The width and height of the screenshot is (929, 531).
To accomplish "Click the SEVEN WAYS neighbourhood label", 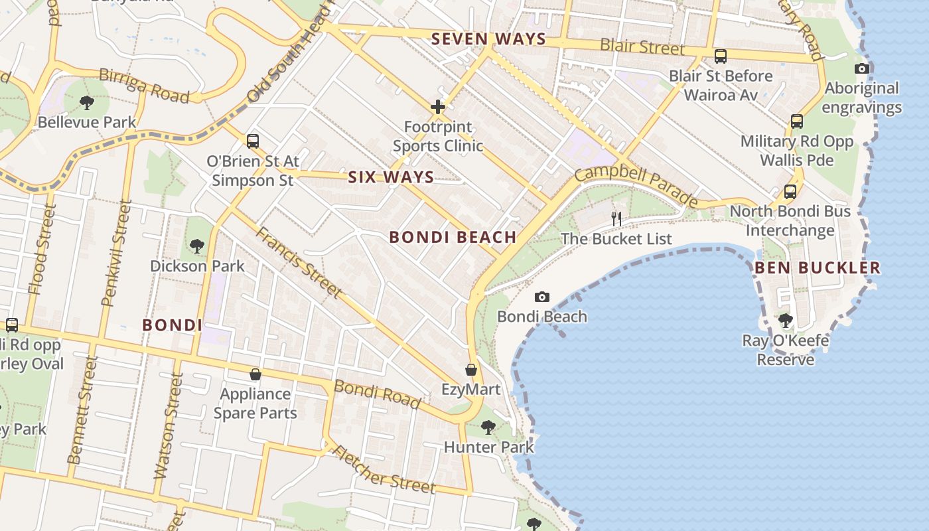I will pos(488,39).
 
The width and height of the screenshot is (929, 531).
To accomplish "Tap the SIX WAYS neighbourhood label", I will pos(391,177).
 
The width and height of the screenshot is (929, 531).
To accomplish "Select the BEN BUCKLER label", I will pos(818,267).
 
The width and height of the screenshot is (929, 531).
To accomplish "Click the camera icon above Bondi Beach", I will pos(542,297).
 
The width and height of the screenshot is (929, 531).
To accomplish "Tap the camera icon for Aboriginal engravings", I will pos(862,68).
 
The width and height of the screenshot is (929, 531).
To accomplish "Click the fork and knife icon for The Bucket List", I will pos(616,218).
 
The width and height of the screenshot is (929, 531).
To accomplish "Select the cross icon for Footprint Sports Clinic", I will pos(438,106).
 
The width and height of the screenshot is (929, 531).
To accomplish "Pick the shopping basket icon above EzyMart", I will pos(471,370).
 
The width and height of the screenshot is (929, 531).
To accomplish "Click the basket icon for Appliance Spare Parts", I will pos(255,374).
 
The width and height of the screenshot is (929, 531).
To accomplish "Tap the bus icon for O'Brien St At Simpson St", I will pos(252,141).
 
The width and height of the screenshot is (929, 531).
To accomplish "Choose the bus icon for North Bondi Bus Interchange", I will pos(790,191).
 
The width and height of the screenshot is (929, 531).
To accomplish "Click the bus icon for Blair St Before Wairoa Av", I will pos(721,56).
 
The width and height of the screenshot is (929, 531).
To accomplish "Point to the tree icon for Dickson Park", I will pos(197,246).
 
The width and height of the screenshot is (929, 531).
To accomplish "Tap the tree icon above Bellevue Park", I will pos(86,102).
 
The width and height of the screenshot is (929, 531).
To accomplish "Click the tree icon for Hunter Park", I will pos(488,427).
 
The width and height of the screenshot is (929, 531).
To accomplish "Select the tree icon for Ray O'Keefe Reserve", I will pos(786,321).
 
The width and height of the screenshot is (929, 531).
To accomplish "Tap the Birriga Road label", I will pos(144,86).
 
